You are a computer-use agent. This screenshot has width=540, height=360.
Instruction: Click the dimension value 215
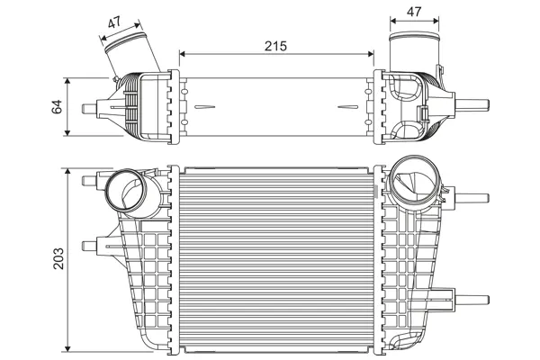(x=275, y=46)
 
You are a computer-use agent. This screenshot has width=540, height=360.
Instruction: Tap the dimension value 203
(x=58, y=258)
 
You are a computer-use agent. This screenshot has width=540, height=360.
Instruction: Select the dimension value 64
(x=57, y=106)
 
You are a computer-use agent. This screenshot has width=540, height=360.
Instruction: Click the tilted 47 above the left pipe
(x=114, y=22)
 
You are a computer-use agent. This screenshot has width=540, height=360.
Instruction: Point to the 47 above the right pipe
(x=414, y=12)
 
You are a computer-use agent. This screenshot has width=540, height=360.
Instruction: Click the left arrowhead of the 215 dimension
(x=183, y=54)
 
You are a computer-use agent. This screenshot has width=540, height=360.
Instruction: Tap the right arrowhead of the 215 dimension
(x=371, y=54)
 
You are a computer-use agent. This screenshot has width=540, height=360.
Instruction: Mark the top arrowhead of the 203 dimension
(x=67, y=172)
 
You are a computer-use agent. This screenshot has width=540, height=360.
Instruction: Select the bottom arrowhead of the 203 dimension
(x=67, y=348)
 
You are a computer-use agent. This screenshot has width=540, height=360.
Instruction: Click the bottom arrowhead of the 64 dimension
(x=67, y=132)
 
